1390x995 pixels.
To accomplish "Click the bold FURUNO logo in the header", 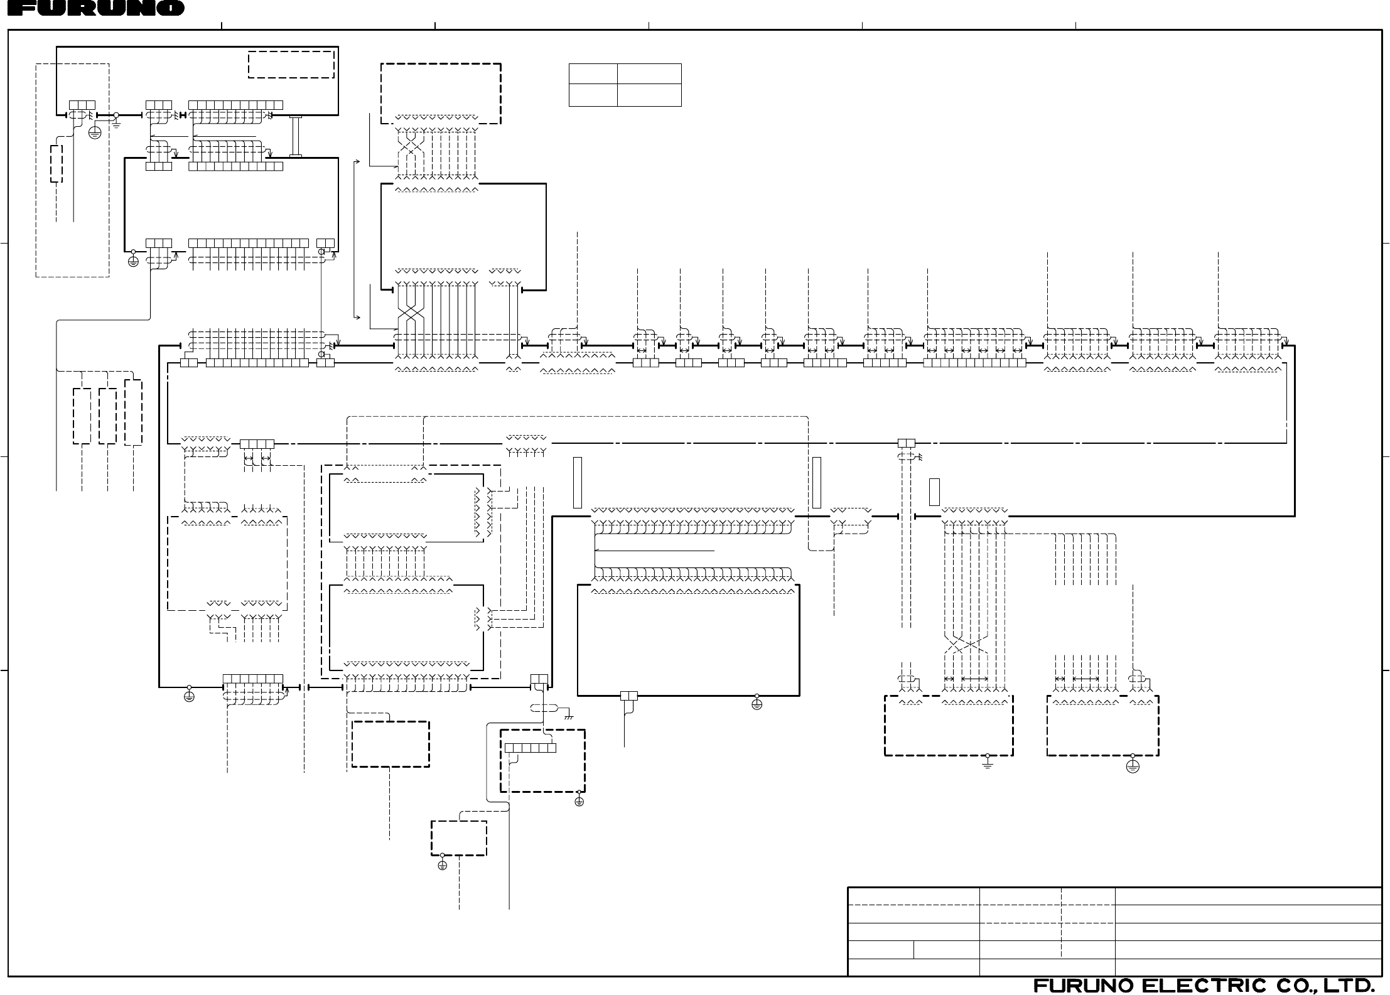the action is [x=92, y=9].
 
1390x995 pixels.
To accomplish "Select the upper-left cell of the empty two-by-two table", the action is [x=593, y=73].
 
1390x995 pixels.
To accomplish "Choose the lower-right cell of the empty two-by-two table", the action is [x=649, y=95].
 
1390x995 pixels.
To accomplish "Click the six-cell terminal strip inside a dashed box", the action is [x=531, y=748].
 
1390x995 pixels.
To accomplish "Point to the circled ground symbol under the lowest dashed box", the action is [x=442, y=865].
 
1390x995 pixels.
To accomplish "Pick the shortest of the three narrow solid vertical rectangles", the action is [x=934, y=492].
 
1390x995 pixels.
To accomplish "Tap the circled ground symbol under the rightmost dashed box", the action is [x=1133, y=767].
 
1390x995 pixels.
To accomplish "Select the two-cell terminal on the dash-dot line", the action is [x=906, y=443].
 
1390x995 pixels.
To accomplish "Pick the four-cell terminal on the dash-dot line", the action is [x=257, y=444].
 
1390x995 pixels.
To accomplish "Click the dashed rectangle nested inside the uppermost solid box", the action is [x=291, y=64].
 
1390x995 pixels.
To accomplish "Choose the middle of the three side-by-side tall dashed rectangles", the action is [x=107, y=416].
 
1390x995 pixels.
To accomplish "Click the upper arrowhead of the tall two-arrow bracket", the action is [x=356, y=161].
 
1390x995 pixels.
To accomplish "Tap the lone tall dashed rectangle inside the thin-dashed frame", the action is [x=57, y=164].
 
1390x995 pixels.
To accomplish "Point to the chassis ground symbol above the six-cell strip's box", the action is [x=569, y=716].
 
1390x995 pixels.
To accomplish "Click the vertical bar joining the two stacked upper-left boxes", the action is [x=296, y=136].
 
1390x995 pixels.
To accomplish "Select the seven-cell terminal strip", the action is [x=253, y=679].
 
